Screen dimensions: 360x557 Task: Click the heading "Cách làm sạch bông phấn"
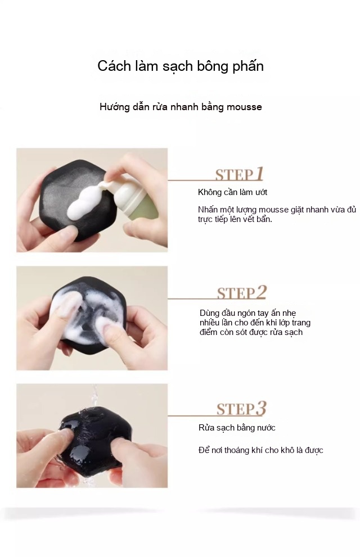[x=181, y=66]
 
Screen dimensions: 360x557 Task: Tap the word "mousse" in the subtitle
[x=244, y=107]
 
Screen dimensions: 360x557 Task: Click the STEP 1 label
[x=239, y=174]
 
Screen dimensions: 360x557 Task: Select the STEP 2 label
[x=242, y=293]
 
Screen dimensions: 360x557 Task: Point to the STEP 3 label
[x=241, y=409]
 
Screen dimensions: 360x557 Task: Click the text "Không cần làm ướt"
[x=232, y=193]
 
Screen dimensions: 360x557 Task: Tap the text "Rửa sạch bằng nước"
[x=237, y=428]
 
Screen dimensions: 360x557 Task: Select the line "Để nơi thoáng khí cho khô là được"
[x=260, y=450]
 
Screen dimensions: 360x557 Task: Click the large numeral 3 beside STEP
[x=261, y=409]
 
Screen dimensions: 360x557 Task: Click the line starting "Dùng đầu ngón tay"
[x=247, y=313]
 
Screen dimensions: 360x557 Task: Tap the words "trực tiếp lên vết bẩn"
[x=235, y=220]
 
